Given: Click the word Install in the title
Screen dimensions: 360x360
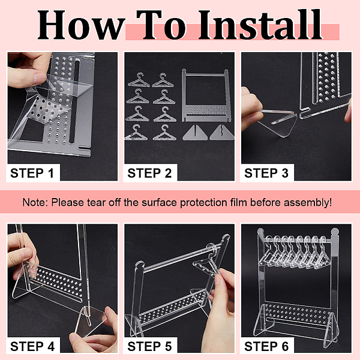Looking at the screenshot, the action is pyautogui.click(x=260, y=25).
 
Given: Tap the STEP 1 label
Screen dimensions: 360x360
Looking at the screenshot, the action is pyautogui.click(x=32, y=173).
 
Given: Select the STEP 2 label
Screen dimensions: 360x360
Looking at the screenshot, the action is pyautogui.click(x=149, y=173).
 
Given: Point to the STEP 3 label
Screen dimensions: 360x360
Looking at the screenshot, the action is pyautogui.click(x=266, y=173).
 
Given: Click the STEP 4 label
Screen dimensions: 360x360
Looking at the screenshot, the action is pyautogui.click(x=32, y=346).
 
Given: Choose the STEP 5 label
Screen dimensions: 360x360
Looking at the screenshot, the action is pyautogui.click(x=149, y=346).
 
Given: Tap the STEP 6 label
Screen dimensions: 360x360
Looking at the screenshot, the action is pyautogui.click(x=266, y=346).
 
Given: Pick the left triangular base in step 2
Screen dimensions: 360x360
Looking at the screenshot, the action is pyautogui.click(x=195, y=133).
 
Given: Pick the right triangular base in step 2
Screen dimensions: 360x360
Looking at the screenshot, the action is pyautogui.click(x=221, y=133).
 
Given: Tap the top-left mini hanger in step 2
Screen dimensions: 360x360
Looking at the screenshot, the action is pyautogui.click(x=139, y=80).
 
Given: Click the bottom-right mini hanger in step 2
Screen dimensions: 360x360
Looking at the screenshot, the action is pyautogui.click(x=164, y=133).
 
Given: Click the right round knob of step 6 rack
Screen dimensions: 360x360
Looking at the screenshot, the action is pyautogui.click(x=335, y=232).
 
